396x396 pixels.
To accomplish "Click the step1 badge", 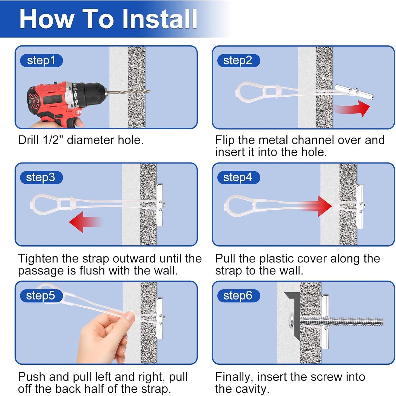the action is (x=41, y=60).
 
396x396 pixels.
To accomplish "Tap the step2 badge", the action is (x=239, y=60).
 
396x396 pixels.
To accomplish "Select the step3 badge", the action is (x=41, y=177).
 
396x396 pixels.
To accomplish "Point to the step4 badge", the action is (x=239, y=177).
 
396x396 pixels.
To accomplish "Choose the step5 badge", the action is (x=41, y=296).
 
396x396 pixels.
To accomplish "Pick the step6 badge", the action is (x=239, y=296).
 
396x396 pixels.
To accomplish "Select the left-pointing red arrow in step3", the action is (x=85, y=222).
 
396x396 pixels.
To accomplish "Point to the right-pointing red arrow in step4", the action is (x=315, y=206).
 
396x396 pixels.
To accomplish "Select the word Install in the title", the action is (x=160, y=19).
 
